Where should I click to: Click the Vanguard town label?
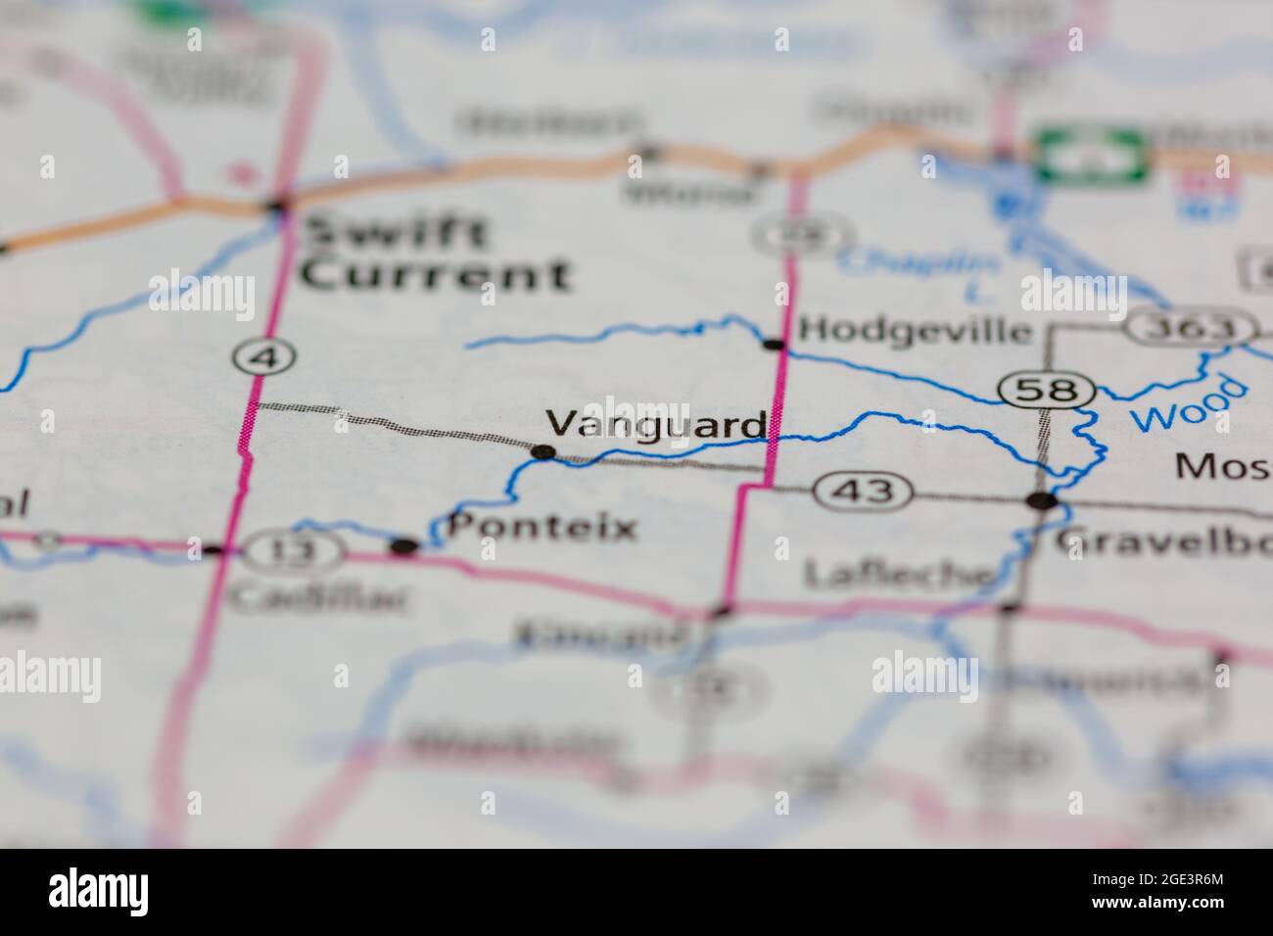point(655,424)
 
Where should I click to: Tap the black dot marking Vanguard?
point(543,452)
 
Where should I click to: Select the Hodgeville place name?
point(915,330)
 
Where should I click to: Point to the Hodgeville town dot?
point(775,344)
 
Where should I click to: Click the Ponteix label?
point(542,529)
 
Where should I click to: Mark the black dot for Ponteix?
point(403,546)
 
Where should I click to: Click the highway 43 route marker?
point(866,490)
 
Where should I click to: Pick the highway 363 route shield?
point(1189,327)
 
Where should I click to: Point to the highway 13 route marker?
point(293,551)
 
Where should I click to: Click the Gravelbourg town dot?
point(1042,501)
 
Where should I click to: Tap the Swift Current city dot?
point(278,206)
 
